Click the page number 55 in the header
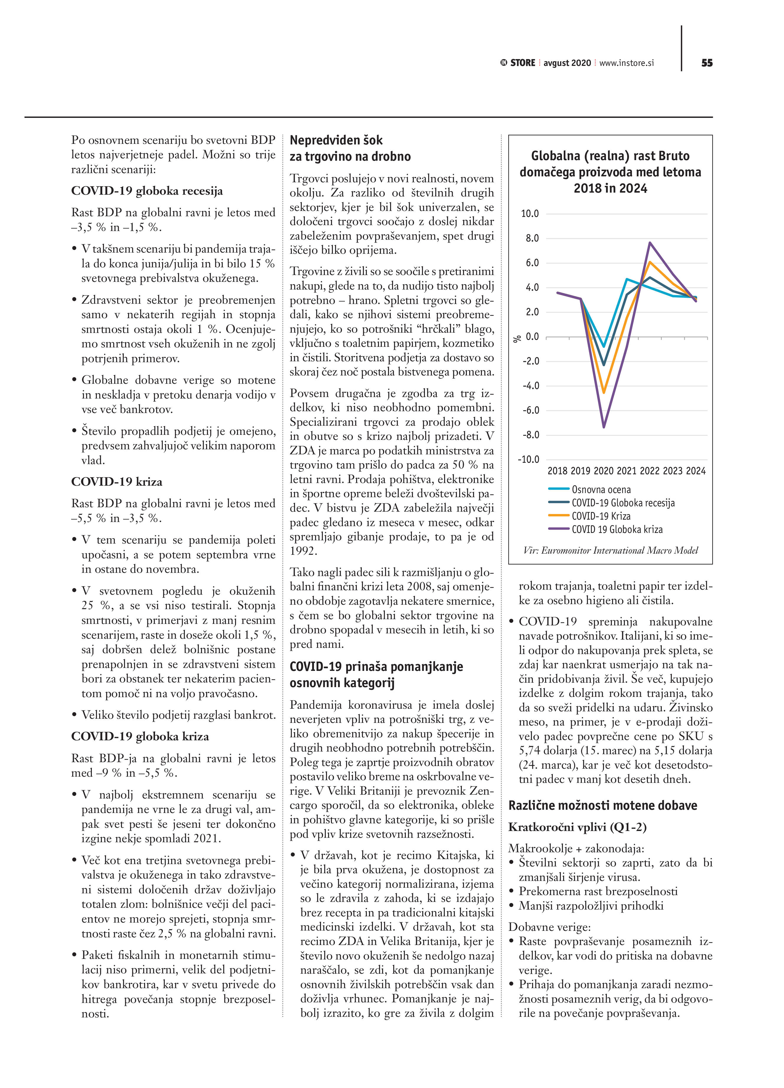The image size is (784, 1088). pos(707,63)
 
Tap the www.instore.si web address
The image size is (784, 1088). pos(626,63)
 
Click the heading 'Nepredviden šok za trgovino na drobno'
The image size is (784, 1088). pos(350,148)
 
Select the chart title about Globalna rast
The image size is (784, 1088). pos(610,172)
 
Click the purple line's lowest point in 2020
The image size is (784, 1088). pos(604,427)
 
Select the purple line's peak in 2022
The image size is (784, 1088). pos(650,243)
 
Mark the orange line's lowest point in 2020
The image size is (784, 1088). pos(604,392)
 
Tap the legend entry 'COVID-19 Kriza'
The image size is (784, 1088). pos(601,516)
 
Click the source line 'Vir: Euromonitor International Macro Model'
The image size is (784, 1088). pos(610,550)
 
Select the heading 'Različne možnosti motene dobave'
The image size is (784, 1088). pos(603,806)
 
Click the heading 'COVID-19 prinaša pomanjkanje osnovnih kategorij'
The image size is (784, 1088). pos(376,674)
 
